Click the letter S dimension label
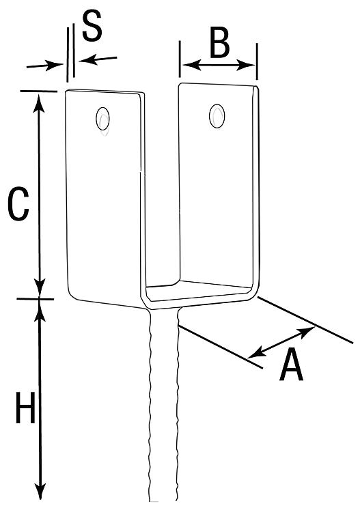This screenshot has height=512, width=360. click(92, 26)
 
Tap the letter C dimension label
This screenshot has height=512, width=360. click(18, 203)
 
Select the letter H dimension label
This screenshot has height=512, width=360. click(25, 408)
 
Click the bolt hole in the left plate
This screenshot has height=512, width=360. click(102, 119)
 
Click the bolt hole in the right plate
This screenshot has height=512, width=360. click(217, 116)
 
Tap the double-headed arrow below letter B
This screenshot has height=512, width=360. click(219, 65)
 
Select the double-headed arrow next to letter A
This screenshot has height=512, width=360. click(281, 342)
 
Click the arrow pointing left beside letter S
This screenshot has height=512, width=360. click(98, 60)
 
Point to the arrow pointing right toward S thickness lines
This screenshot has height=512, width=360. click(45, 66)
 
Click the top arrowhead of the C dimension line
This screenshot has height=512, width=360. click(39, 102)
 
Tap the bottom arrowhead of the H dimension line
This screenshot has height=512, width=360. click(40, 490)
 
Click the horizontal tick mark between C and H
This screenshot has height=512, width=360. click(36, 299)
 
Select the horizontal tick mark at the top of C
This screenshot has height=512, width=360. click(38, 91)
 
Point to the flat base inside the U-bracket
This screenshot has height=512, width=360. click(198, 290)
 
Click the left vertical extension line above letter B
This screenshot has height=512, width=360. click(180, 59)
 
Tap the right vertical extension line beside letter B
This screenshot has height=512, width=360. click(257, 61)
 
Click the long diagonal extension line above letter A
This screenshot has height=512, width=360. click(305, 320)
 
